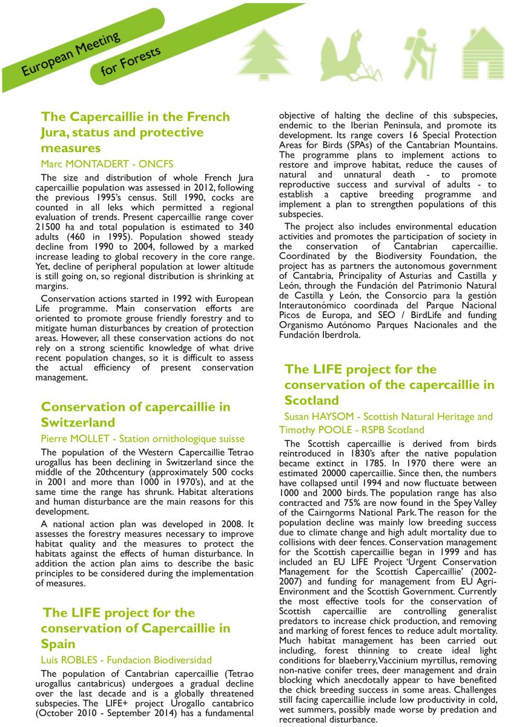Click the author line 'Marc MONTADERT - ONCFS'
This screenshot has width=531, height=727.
[107, 164]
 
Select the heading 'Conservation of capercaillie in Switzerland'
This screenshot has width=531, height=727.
[136, 414]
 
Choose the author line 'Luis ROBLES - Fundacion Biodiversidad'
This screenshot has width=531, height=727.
[126, 660]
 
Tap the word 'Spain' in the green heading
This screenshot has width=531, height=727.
[58, 643]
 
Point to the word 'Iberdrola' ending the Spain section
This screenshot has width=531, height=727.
[338, 334]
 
